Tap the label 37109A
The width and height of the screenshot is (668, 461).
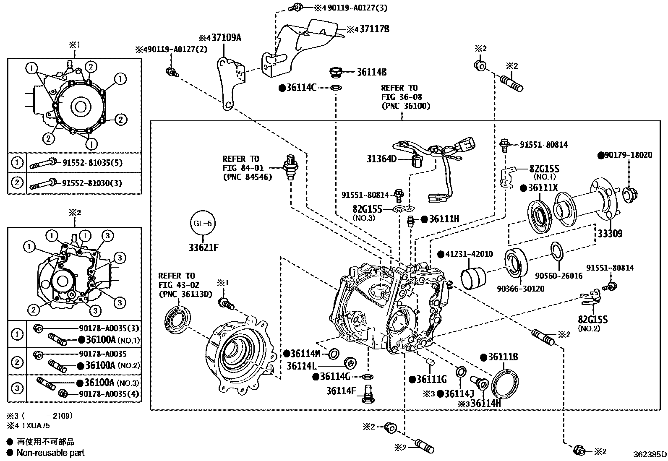226,38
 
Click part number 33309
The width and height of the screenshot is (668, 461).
610,234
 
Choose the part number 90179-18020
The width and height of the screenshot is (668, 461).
628,155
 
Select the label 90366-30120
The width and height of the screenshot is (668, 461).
520,289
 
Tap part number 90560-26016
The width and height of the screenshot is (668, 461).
559,276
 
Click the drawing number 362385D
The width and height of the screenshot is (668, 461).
650,454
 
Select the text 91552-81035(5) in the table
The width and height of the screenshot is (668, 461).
92,163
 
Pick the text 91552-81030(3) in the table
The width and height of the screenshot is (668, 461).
92,183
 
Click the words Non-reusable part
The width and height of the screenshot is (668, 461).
50,453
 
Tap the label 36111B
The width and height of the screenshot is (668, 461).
503,357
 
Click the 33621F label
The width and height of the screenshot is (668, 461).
203,247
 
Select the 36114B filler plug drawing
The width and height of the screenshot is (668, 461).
336,73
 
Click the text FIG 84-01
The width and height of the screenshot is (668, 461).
240,168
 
